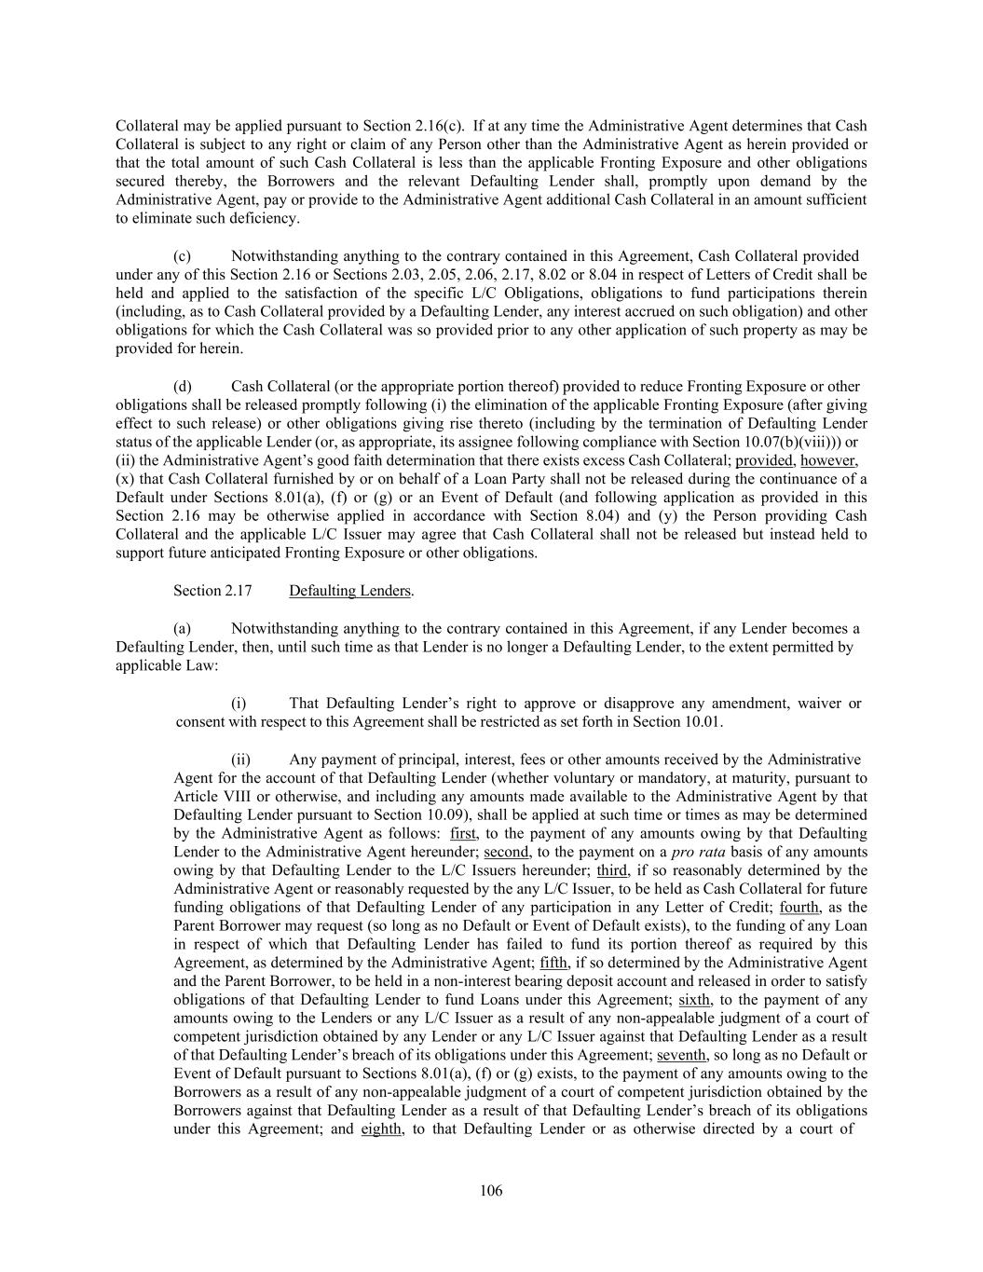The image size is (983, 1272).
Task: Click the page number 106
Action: point(491,1190)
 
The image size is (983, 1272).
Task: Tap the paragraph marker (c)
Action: point(183,256)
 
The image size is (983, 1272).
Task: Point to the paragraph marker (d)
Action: point(183,387)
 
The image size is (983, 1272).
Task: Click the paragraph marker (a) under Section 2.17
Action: point(183,629)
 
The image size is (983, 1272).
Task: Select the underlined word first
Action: point(463,833)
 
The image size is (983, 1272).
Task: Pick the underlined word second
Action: point(506,852)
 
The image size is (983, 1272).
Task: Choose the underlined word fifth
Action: point(553,963)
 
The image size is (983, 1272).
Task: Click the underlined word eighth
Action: point(381,1129)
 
